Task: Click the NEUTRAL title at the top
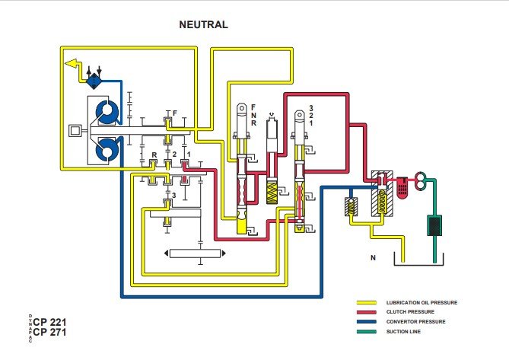tap(203, 24)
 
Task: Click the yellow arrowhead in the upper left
tap(72, 63)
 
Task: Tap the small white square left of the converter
tap(75, 131)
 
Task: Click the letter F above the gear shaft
tap(175, 113)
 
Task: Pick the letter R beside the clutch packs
tap(154, 155)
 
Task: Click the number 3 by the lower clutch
tap(174, 196)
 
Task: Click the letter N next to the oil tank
tap(373, 259)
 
